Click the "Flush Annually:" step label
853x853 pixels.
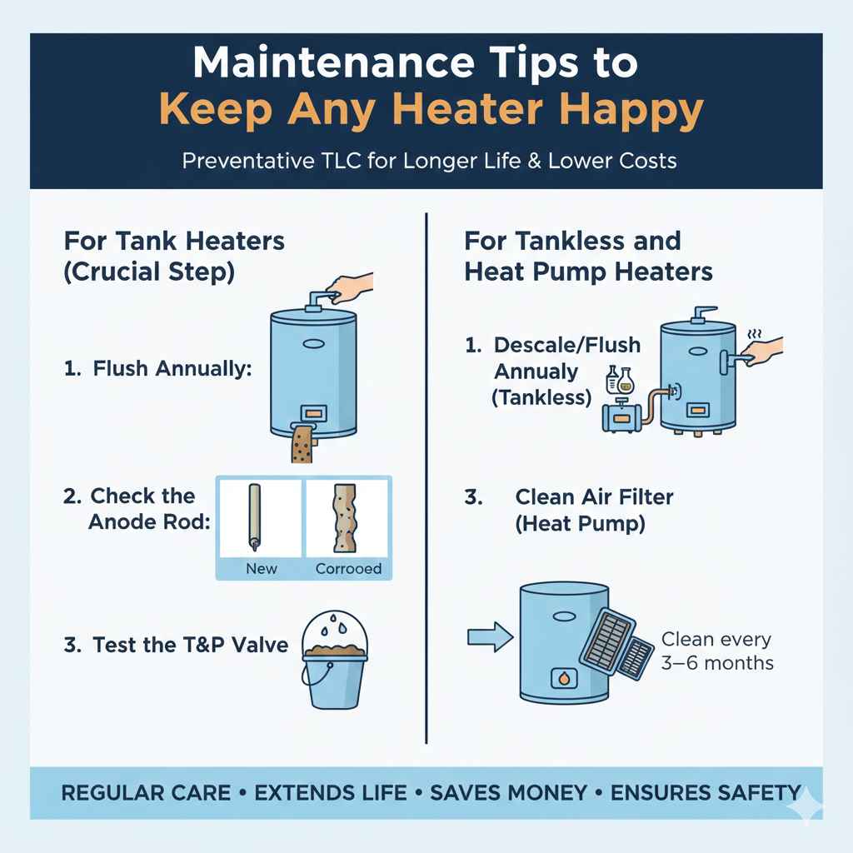pos(158,368)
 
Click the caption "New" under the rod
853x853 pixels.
pos(261,569)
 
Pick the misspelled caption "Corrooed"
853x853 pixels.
pos(348,569)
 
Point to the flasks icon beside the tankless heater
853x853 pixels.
pos(621,380)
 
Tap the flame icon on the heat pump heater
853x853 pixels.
pos(564,680)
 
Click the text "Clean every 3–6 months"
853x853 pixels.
pos(716,651)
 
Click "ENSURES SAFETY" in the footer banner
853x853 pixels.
pos(705,792)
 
